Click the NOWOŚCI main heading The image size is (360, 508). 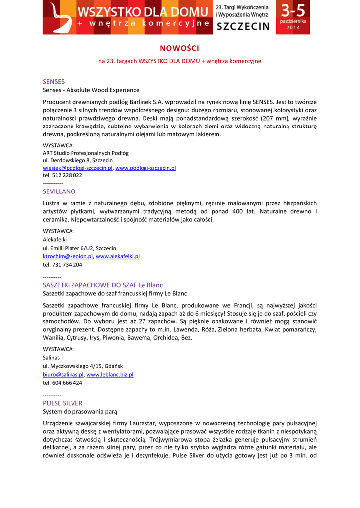(x=180, y=48)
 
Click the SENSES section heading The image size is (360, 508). (x=54, y=81)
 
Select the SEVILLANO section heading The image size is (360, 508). (x=59, y=191)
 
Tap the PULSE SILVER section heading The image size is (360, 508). (x=63, y=403)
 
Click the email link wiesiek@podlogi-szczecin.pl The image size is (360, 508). (x=77, y=168)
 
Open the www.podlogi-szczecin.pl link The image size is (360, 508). (x=145, y=168)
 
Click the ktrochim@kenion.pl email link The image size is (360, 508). (x=68, y=256)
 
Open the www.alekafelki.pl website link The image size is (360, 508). (x=118, y=256)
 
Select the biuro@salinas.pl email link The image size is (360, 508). (x=63, y=375)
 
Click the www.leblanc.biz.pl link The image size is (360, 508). (x=110, y=375)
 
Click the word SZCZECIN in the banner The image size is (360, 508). (x=243, y=26)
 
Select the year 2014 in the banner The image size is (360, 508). (x=293, y=28)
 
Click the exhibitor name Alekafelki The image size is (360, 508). (x=55, y=239)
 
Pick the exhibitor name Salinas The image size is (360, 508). (x=51, y=357)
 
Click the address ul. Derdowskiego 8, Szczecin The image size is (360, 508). (x=77, y=160)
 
